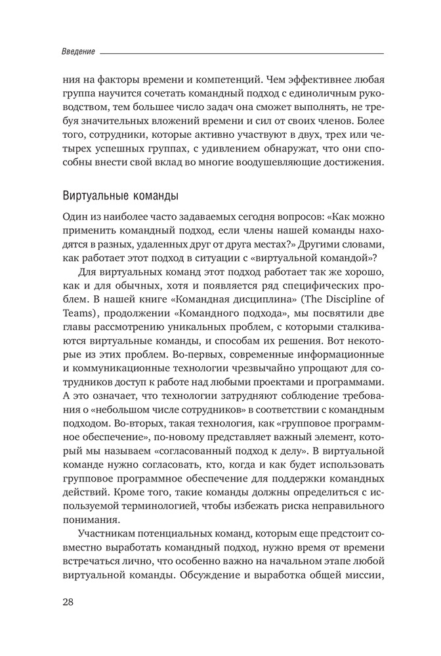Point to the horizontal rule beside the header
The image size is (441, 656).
(243, 51)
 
